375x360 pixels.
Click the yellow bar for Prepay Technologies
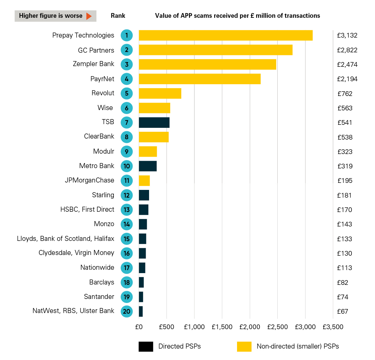coord(226,35)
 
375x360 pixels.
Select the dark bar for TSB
coord(154,122)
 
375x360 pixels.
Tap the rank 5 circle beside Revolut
coord(127,93)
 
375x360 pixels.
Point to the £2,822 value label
coord(347,50)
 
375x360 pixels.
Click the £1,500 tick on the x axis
coord(222,327)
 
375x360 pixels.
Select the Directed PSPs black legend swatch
coord(146,347)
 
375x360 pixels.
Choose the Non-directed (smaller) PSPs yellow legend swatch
coord(244,347)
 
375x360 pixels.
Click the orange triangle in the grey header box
coord(89,16)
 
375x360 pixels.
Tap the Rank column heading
coord(118,16)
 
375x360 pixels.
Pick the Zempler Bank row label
coord(93,64)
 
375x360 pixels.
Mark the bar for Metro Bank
coord(148,166)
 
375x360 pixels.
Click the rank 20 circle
coord(127,311)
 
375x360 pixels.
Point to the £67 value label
coord(342,311)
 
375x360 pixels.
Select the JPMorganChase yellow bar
coord(144,181)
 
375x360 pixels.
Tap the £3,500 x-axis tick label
coord(333,327)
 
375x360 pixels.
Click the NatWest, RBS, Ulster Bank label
coord(73,311)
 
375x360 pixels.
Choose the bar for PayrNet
coord(199,79)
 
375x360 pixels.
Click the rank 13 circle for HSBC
coord(127,210)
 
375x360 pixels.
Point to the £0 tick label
coord(139,327)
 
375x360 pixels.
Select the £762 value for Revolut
coord(345,94)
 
